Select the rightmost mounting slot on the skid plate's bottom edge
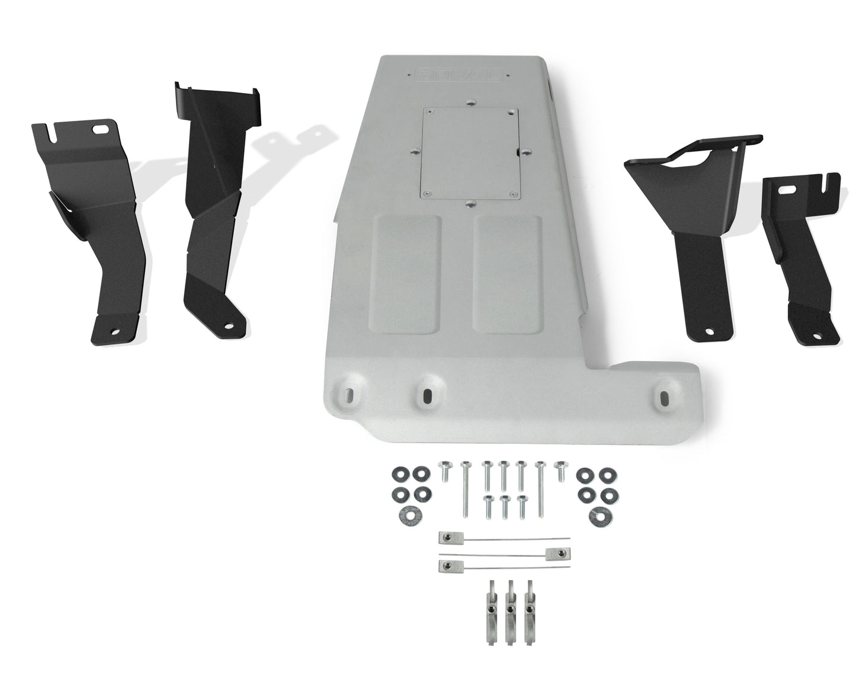coord(663,398)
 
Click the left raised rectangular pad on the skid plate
coord(406,273)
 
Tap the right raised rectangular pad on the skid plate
coord(508,273)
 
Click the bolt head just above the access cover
coord(470,103)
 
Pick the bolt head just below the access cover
coord(470,203)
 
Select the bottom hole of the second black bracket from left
coord(227,324)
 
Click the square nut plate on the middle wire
coord(553,553)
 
